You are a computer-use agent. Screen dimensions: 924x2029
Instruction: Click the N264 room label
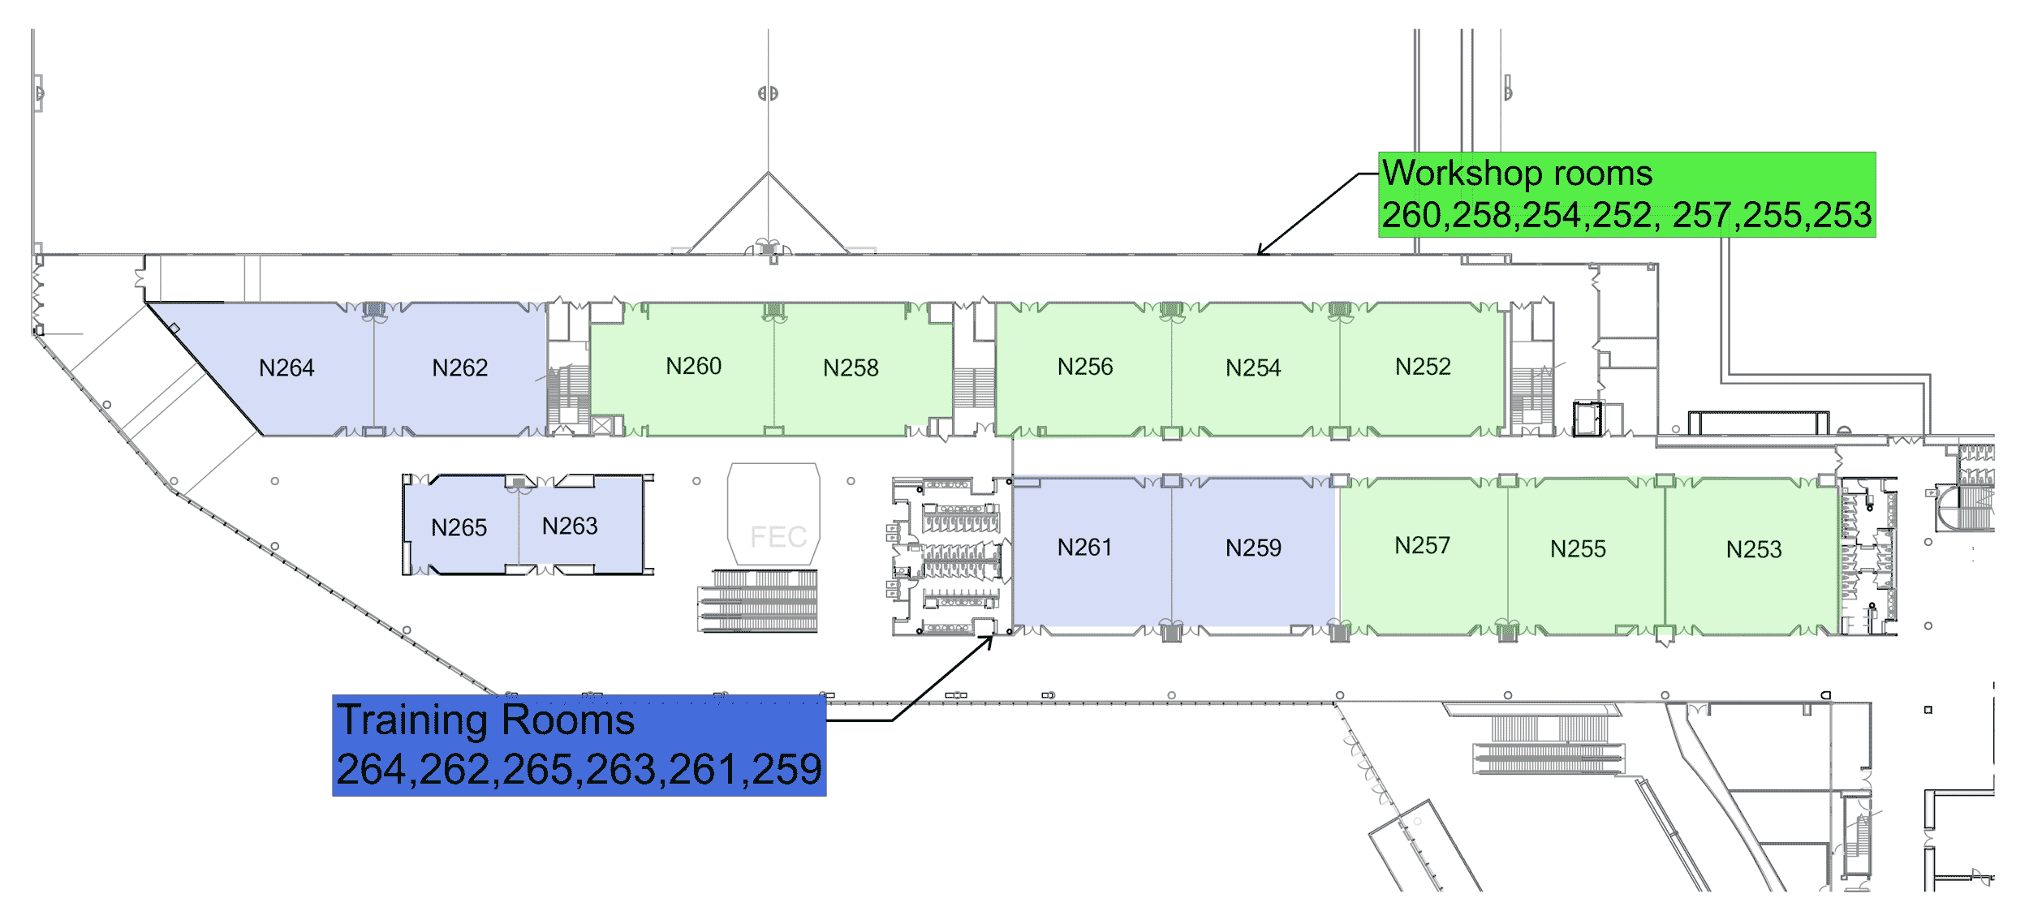(x=286, y=368)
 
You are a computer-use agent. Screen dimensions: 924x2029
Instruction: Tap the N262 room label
(x=459, y=368)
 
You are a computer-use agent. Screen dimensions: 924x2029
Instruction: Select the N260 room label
(x=693, y=367)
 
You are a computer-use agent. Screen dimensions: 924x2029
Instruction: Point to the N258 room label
(x=851, y=368)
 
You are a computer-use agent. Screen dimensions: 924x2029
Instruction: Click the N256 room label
(x=1085, y=367)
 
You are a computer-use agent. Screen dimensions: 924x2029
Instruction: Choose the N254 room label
(x=1253, y=368)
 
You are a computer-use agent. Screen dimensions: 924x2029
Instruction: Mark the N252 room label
(x=1423, y=367)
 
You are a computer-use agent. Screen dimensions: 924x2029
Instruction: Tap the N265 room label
(x=459, y=528)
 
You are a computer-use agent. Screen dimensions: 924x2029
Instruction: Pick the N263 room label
(x=570, y=526)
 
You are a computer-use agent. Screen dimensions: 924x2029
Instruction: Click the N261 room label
(x=1084, y=548)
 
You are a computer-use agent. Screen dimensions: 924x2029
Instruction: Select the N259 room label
(x=1253, y=548)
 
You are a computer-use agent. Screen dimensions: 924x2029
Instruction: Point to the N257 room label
(x=1422, y=546)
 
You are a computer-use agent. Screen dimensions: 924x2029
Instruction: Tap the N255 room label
(x=1578, y=549)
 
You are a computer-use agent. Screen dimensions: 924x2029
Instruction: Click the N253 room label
(x=1754, y=550)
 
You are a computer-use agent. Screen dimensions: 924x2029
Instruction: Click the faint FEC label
(x=778, y=537)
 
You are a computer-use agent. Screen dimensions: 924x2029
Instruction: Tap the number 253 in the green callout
(x=1842, y=215)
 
